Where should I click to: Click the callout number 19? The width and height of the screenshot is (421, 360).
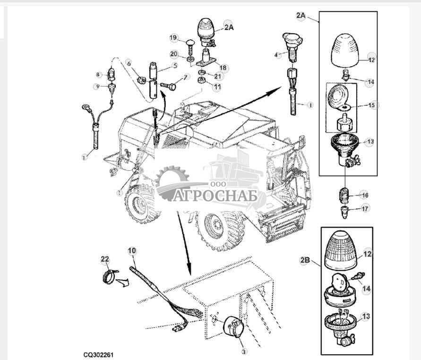point(173,37)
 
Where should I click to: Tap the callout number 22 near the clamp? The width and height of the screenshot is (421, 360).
point(104,259)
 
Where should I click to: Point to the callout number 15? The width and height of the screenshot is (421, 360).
point(373,105)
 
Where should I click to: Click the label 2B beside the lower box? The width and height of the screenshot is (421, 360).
point(305,259)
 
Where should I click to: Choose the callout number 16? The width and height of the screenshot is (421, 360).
point(364,195)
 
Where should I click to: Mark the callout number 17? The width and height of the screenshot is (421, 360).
point(364,208)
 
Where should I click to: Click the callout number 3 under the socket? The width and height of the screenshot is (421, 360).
point(244,351)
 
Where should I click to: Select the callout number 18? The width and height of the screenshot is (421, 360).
point(223,68)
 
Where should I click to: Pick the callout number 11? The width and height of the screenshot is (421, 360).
point(217,87)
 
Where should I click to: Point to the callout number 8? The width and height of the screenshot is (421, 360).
point(99,75)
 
